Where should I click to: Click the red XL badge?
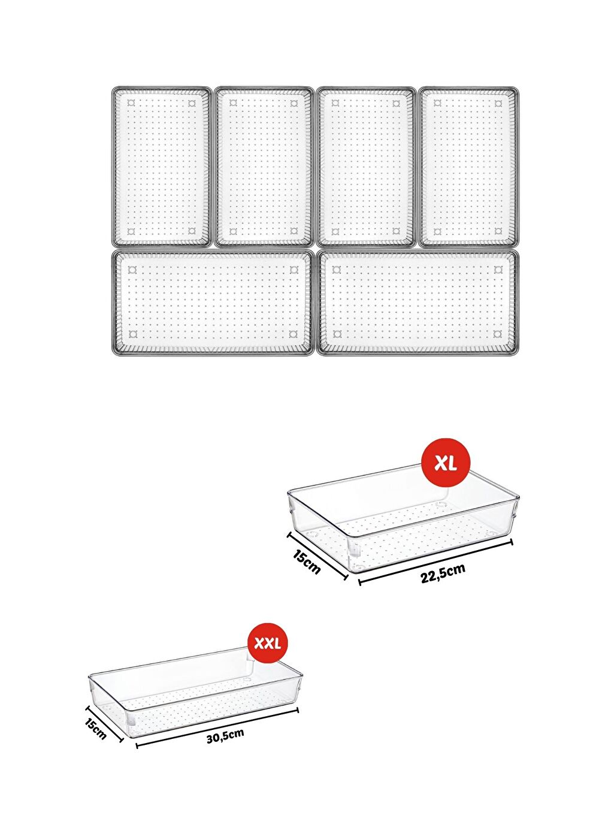point(446,463)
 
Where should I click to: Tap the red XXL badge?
point(268,644)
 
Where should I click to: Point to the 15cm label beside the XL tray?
point(307,562)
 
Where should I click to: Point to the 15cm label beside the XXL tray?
point(96,729)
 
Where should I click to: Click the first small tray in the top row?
point(162,167)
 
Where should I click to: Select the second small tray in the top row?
point(264,167)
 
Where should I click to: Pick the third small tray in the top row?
point(365,167)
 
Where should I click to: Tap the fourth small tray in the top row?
point(468,167)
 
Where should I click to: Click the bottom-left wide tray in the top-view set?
point(213,303)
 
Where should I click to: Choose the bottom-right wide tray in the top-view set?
point(418,303)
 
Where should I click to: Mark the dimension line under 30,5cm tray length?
point(217,728)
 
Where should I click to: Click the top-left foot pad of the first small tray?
point(132,103)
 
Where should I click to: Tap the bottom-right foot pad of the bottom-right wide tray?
point(498,334)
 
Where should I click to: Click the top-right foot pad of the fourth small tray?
point(498,103)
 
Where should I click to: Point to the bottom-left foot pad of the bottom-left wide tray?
point(132,334)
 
